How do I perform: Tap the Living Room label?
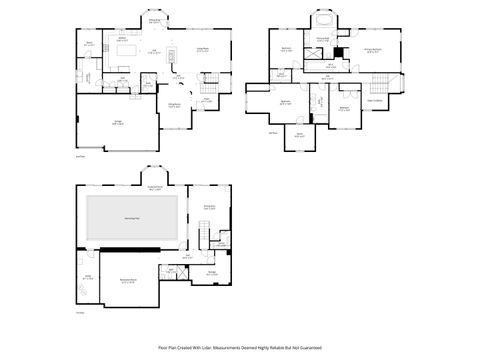201,48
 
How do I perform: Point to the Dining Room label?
155,21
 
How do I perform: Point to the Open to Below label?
375,100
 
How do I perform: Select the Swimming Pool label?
131,217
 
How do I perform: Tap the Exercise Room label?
210,207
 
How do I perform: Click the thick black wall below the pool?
131,249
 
